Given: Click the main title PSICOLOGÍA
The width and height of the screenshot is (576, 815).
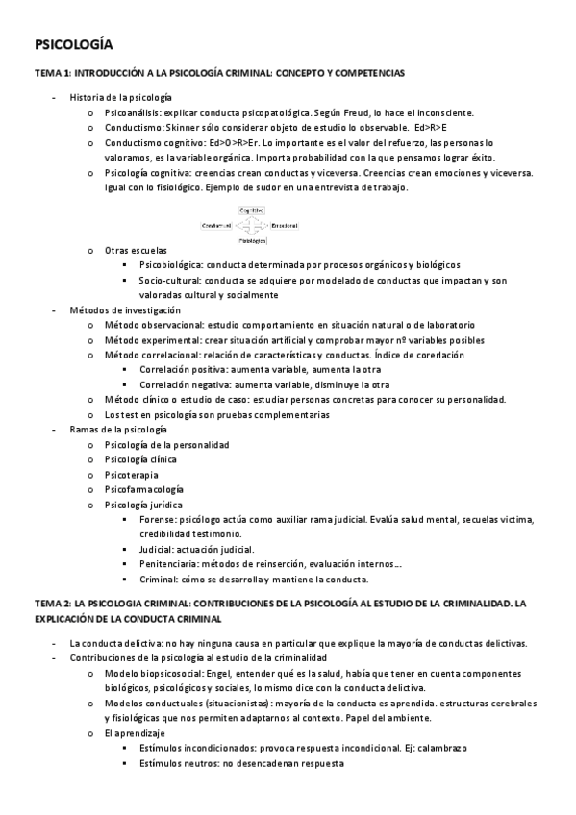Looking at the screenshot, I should [x=73, y=44].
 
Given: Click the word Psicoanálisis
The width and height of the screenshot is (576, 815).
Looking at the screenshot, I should [x=132, y=112].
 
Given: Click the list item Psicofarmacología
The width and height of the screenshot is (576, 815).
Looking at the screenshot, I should [x=143, y=489].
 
